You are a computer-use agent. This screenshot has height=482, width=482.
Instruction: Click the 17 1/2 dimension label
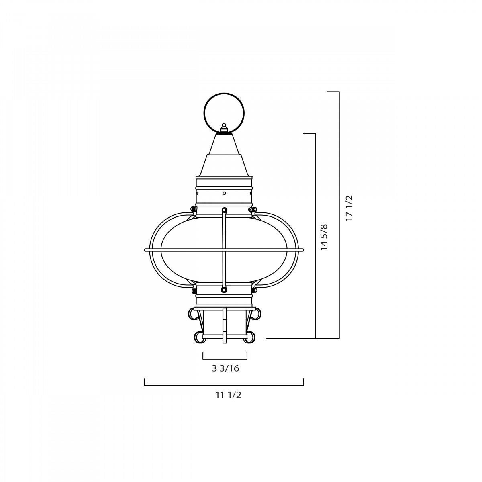(349, 208)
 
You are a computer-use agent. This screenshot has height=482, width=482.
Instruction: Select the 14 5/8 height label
(324, 237)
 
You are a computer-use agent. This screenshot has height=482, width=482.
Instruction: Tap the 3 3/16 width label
(225, 368)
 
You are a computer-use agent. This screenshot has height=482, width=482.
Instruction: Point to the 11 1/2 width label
(228, 395)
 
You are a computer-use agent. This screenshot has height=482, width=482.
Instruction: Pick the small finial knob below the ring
(224, 127)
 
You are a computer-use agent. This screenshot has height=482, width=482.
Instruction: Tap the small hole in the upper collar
(224, 193)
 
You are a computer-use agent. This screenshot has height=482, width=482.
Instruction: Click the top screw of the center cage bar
(224, 210)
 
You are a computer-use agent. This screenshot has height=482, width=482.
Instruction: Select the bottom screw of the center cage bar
(224, 290)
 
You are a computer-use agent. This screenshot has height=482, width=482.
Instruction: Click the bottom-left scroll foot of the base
(199, 337)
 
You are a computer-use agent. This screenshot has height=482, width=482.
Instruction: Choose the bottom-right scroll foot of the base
(249, 337)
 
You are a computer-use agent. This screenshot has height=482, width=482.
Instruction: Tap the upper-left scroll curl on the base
(193, 314)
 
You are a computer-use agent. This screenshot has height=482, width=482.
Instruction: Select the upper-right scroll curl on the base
(256, 314)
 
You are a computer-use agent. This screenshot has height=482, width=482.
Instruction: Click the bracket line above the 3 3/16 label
(225, 359)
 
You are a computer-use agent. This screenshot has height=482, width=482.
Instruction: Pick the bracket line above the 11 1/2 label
(224, 385)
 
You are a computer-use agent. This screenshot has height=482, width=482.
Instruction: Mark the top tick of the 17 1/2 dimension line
(333, 92)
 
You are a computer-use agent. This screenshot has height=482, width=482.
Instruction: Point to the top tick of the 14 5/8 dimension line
(309, 133)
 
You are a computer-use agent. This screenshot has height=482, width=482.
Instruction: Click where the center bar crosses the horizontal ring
(224, 250)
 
